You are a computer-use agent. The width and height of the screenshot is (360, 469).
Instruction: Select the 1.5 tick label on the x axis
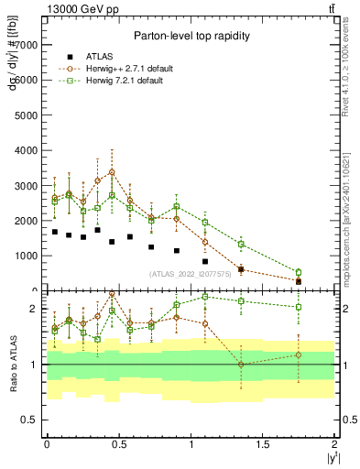(263, 443)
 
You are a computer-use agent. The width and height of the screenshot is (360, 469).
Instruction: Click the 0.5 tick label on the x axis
(119, 443)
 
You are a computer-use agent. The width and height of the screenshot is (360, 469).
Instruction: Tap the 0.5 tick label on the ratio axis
(29, 420)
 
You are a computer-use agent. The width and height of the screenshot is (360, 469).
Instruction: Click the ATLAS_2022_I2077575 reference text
(191, 274)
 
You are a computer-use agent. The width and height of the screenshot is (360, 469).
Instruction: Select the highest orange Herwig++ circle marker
(112, 172)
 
